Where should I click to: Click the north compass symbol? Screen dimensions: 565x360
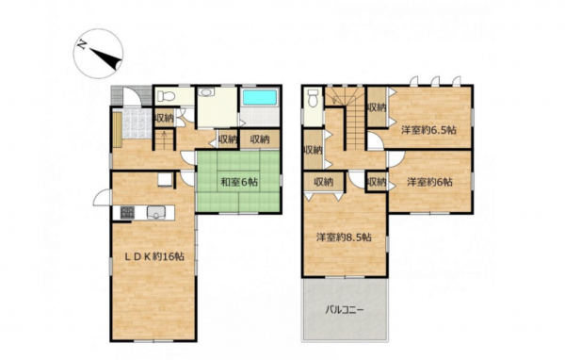click(x=98, y=54)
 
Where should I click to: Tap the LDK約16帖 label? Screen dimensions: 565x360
click(x=154, y=256)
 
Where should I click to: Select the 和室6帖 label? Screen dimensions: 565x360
click(x=239, y=182)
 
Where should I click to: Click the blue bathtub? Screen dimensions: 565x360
click(x=260, y=98)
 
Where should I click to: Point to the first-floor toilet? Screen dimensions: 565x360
click(x=166, y=95)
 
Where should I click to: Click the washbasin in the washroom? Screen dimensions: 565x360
click(x=206, y=92)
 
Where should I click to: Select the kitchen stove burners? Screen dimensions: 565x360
click(x=126, y=212)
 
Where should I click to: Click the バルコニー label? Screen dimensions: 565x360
click(x=345, y=310)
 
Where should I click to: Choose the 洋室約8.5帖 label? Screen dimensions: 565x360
click(x=344, y=237)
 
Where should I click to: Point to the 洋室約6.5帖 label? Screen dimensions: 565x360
click(x=428, y=130)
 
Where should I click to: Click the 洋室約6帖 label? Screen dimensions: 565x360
click(x=430, y=182)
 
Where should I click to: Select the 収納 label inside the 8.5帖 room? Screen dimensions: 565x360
click(x=323, y=182)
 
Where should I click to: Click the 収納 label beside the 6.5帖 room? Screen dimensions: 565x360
click(x=377, y=107)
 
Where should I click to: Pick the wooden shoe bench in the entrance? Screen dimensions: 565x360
click(x=117, y=129)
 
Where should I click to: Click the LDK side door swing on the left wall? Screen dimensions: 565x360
click(x=102, y=197)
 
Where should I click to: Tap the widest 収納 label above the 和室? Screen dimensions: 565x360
click(x=260, y=139)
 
